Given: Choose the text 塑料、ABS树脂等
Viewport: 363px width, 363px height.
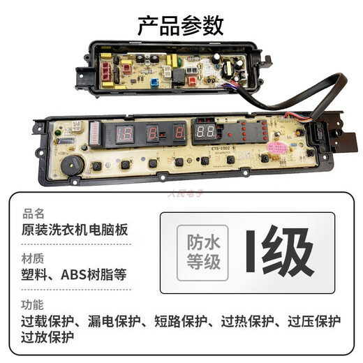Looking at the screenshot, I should click(x=75, y=276).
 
